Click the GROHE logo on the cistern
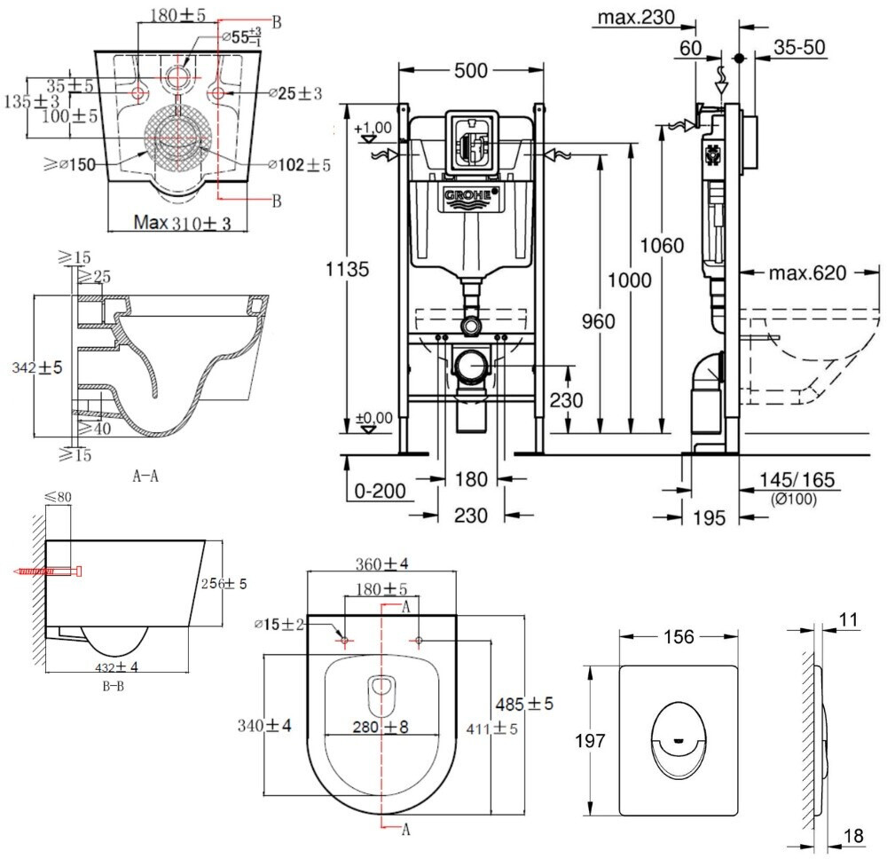pos(471,194)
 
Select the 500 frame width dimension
pos(471,71)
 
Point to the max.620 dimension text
pos(807,272)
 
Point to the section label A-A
pos(145,476)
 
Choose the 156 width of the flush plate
pos(677,636)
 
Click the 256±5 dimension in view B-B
pos(225,584)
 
